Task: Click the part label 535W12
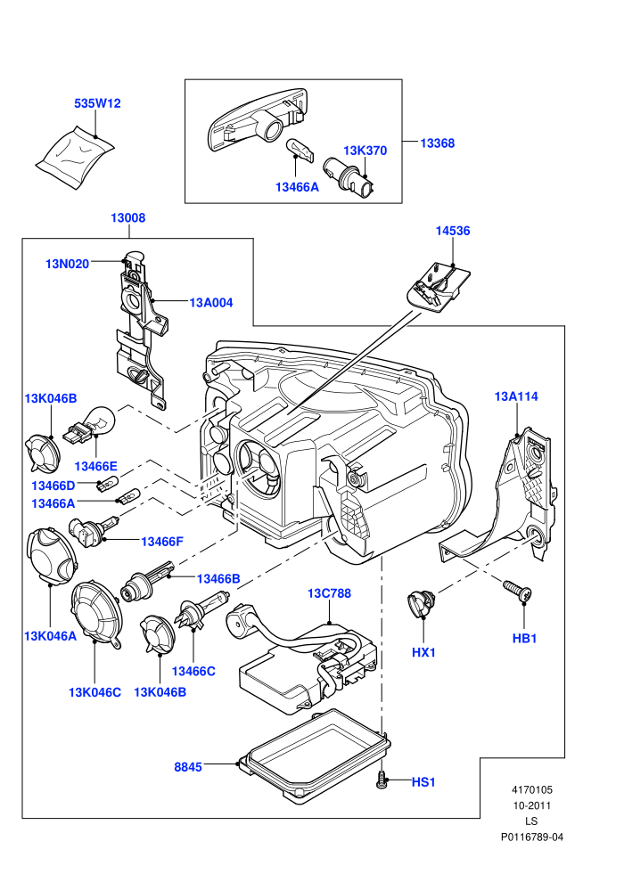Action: click(97, 103)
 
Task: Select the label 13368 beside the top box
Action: click(437, 143)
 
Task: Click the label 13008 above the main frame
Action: click(127, 217)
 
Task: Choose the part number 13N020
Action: click(67, 264)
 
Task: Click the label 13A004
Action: click(211, 303)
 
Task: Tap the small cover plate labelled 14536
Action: click(438, 286)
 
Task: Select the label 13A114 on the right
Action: click(516, 396)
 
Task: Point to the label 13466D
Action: click(53, 486)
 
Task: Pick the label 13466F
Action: click(162, 542)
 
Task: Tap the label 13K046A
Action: click(50, 636)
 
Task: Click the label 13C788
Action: click(329, 593)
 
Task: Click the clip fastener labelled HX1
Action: click(422, 602)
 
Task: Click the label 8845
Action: click(188, 767)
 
